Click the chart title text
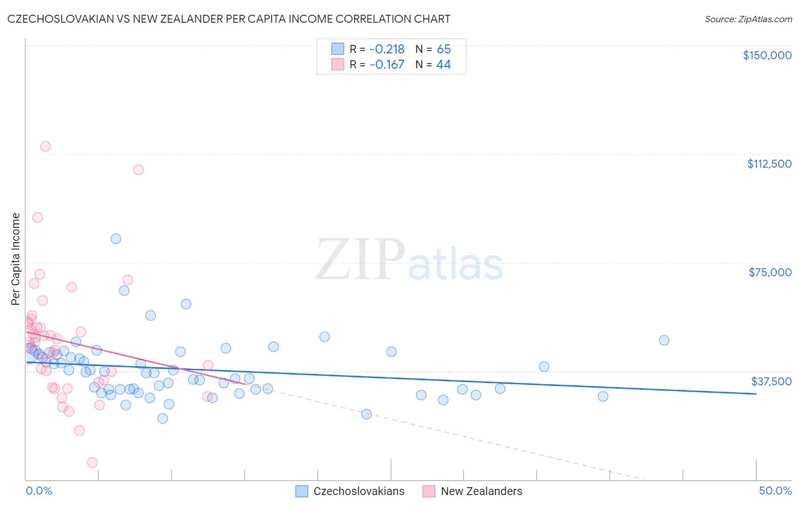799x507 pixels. click(228, 19)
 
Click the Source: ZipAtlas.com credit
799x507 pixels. click(748, 19)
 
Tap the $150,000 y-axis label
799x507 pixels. click(767, 55)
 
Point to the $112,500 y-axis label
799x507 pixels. click(769, 164)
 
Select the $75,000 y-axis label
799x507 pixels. click(769, 272)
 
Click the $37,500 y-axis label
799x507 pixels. click(771, 381)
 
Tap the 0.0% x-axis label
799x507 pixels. click(39, 491)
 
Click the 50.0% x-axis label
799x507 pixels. click(775, 491)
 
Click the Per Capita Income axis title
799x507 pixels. click(15, 259)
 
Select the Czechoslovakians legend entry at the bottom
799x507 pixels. click(359, 491)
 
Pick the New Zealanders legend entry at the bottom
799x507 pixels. click(481, 491)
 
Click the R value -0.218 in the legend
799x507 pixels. click(386, 49)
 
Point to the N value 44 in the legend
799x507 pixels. click(443, 65)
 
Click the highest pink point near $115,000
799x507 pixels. click(45, 146)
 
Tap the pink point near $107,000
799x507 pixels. click(138, 170)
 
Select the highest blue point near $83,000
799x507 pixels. click(116, 239)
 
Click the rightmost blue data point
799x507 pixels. click(664, 340)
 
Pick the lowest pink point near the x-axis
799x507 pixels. click(92, 463)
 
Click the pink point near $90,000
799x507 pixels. click(38, 217)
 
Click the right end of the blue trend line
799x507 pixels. click(756, 393)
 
